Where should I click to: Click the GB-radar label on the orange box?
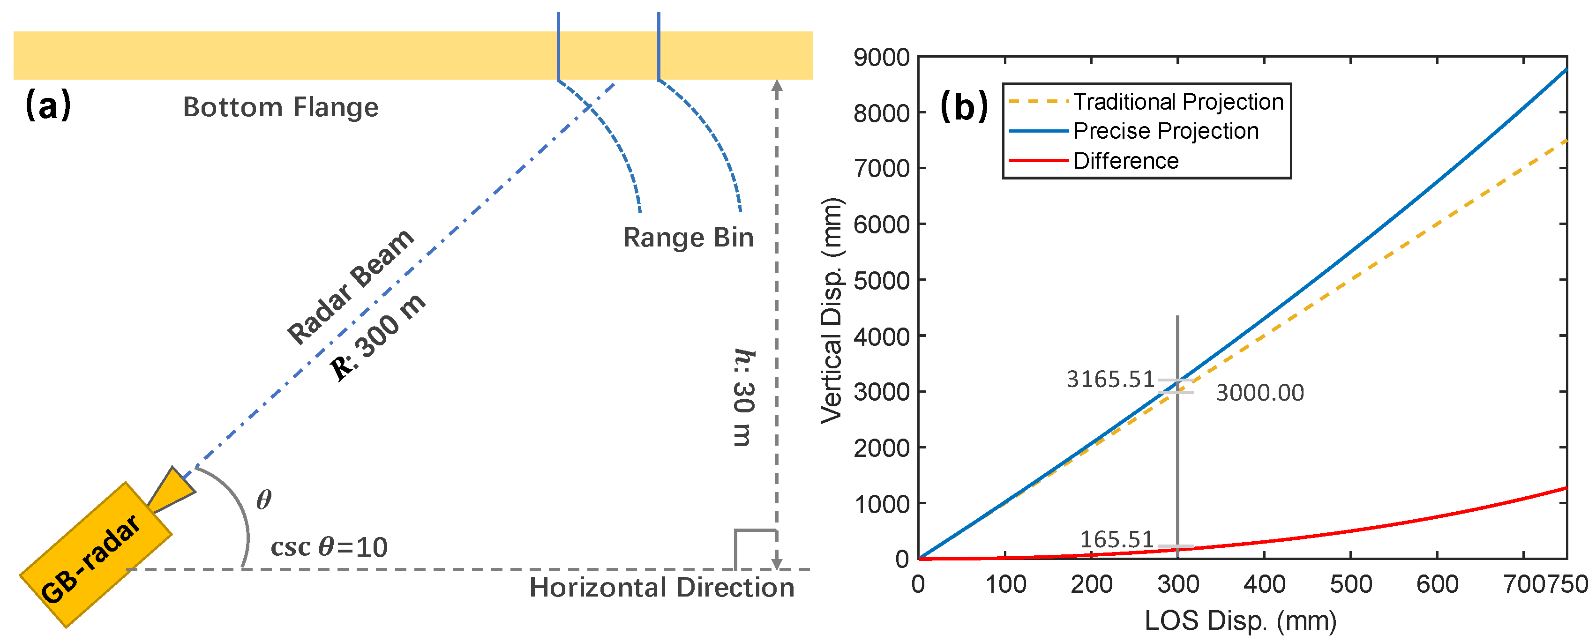click(x=91, y=559)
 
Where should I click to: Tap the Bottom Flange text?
click(x=281, y=107)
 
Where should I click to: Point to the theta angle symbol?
click(x=264, y=500)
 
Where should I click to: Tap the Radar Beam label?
click(x=351, y=286)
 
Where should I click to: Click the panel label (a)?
click(x=48, y=105)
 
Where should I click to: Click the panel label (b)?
click(x=963, y=106)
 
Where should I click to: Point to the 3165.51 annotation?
click(x=1110, y=379)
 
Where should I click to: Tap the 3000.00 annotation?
click(x=1259, y=393)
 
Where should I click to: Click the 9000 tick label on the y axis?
click(x=881, y=58)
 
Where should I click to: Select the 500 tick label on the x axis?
click(x=1351, y=584)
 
